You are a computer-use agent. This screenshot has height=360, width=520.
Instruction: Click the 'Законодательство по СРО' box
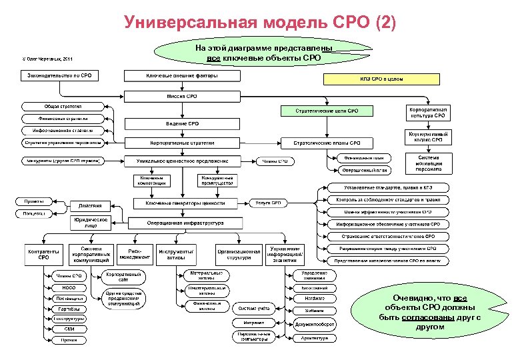59,75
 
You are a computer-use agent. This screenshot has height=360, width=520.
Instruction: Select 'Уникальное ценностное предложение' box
181,161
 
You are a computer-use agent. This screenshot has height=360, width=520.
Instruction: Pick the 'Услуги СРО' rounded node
271,203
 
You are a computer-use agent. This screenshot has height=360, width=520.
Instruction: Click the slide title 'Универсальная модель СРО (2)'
260,23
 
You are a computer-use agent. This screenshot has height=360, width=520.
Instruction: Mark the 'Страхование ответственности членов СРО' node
386,237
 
